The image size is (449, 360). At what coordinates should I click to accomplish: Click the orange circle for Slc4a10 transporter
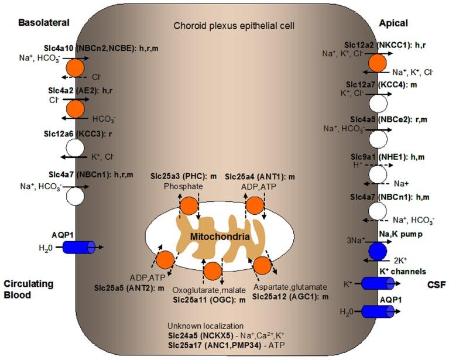76,67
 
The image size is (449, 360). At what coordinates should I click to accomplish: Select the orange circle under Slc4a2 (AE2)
76,109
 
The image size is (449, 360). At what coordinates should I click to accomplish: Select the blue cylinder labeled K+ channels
377,283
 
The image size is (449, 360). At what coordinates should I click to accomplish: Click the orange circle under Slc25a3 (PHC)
188,205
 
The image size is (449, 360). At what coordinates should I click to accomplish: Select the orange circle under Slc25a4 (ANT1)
255,205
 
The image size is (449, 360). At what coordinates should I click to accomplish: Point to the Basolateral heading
44,23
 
